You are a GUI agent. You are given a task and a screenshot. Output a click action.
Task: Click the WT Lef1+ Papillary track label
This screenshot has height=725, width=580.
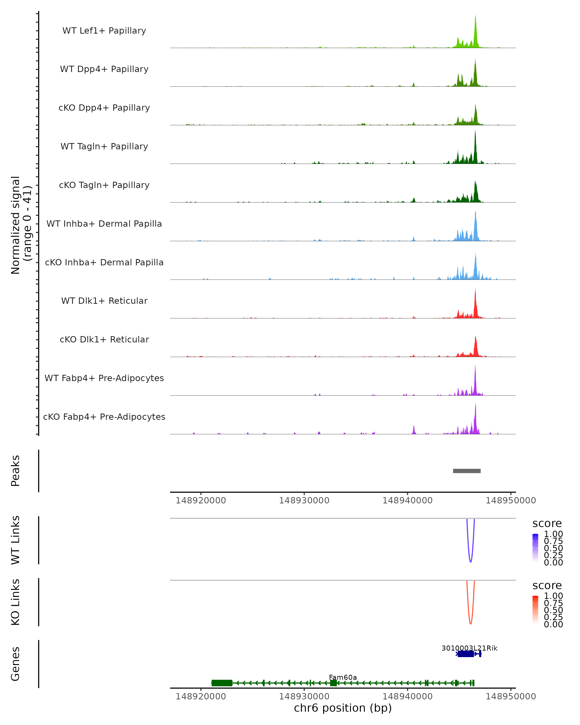[104, 31]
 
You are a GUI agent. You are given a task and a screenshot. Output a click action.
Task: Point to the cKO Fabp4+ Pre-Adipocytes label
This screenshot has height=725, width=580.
[104, 417]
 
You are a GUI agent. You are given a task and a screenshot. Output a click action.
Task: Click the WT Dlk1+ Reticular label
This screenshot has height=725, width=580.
[104, 301]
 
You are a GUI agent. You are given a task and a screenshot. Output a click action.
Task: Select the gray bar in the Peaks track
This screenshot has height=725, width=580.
[467, 471]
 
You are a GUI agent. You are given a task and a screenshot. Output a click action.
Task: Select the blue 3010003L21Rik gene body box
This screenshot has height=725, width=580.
[466, 654]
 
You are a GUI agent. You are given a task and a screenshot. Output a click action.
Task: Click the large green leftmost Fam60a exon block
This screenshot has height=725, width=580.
[222, 683]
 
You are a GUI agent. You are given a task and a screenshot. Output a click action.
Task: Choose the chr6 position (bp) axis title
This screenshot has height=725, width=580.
[343, 708]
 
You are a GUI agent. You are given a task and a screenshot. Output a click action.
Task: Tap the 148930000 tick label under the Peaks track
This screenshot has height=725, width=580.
[304, 500]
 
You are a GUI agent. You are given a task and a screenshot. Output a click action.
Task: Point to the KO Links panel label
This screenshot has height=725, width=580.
[15, 602]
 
